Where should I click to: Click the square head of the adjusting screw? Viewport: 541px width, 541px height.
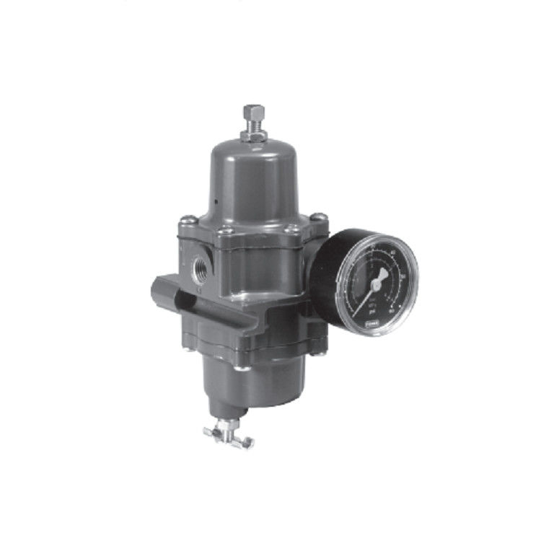[x=253, y=112]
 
